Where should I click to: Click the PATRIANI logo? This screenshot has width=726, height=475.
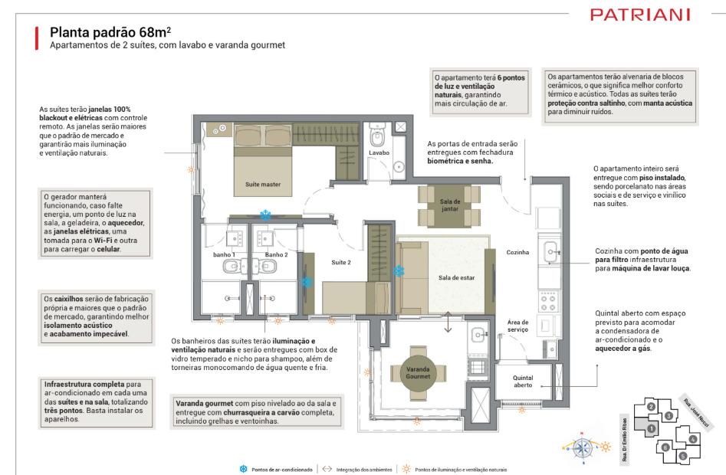(x=640, y=15)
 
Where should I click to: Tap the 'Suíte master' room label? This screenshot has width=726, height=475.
(x=263, y=184)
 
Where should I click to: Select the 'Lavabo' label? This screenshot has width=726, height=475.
(x=379, y=152)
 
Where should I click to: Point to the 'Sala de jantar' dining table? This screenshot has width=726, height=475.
(x=449, y=205)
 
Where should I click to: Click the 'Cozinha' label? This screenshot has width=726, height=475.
(x=517, y=252)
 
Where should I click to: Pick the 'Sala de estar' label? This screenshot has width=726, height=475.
(x=456, y=277)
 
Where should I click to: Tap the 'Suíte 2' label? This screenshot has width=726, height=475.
(x=341, y=262)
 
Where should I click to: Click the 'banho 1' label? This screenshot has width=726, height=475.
(x=224, y=255)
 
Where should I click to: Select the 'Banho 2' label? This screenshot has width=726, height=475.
(x=277, y=255)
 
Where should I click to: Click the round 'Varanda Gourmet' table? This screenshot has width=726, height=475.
(x=418, y=373)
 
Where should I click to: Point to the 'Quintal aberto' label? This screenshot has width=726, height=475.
(x=523, y=381)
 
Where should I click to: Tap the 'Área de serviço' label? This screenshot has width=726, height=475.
(x=517, y=326)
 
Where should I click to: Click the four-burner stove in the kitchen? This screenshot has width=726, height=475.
(x=548, y=303)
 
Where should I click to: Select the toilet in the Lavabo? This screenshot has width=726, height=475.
(x=377, y=135)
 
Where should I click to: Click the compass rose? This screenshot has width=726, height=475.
(x=583, y=447)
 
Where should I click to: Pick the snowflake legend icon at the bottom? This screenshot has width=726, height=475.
(x=244, y=469)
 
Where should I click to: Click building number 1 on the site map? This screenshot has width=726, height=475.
(x=651, y=429)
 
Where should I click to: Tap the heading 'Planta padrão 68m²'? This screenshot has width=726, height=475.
(x=110, y=32)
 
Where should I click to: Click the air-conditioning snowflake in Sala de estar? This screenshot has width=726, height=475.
(x=399, y=270)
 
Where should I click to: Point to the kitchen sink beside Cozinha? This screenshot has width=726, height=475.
(x=550, y=252)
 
